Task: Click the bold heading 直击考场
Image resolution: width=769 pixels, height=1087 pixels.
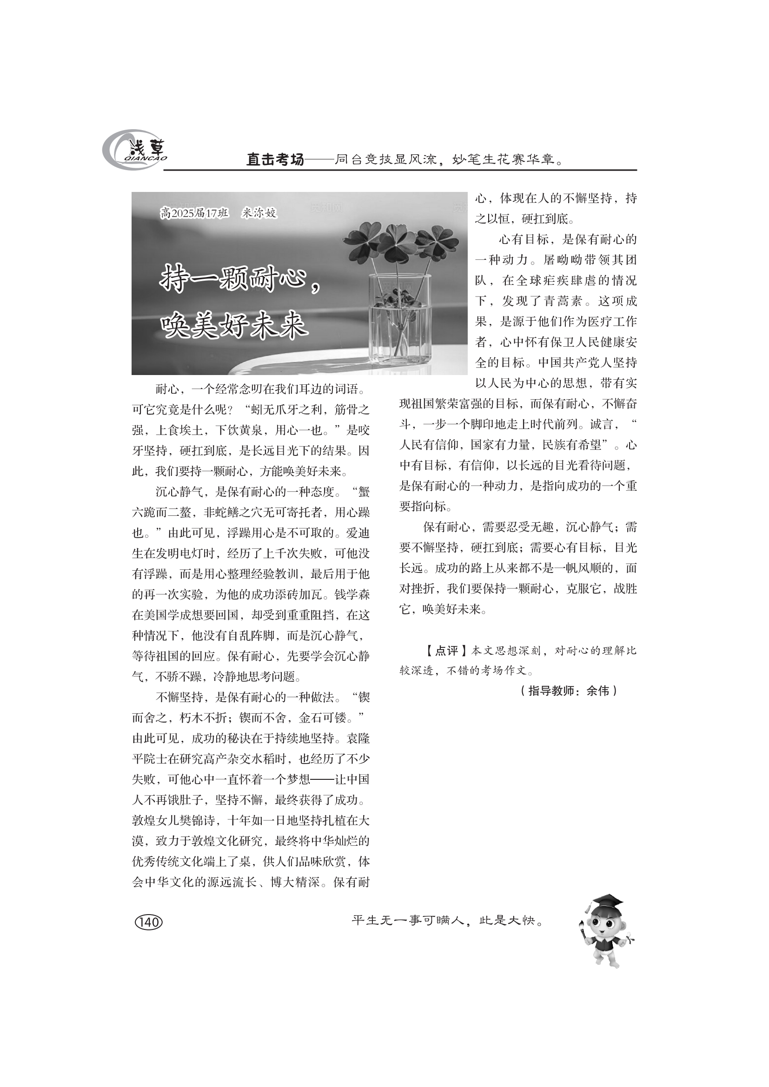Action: (275, 160)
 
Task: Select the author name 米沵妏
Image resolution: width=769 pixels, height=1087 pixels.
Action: (259, 213)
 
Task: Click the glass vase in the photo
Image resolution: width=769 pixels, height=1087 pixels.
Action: (400, 322)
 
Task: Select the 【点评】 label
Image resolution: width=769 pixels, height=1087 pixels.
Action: (444, 651)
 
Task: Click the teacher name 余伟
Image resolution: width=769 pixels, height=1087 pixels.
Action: (597, 691)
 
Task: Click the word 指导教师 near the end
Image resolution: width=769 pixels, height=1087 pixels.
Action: (552, 691)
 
